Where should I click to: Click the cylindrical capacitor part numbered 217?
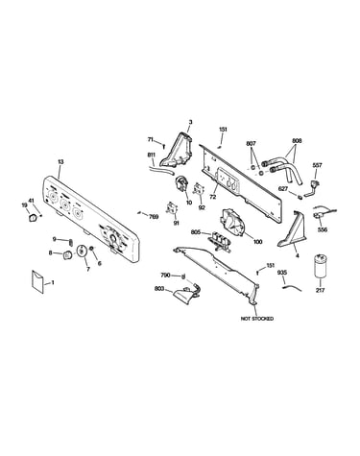[321, 266]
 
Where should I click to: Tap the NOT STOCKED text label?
[257, 319]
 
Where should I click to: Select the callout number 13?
[60, 162]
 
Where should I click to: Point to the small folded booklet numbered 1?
[37, 281]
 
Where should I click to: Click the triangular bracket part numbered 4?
[292, 229]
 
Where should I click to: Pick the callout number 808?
[297, 141]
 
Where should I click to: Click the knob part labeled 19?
[32, 218]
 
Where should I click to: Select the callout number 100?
[257, 242]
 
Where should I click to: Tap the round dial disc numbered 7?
[82, 251]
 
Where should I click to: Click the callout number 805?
[196, 232]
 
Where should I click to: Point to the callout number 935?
[282, 273]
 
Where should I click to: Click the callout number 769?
[154, 217]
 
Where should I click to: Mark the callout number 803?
[159, 289]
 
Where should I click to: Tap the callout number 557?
[317, 165]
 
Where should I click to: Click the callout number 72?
[212, 197]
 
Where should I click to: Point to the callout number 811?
[152, 155]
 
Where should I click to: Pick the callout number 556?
[323, 229]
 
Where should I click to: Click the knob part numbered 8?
[67, 255]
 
